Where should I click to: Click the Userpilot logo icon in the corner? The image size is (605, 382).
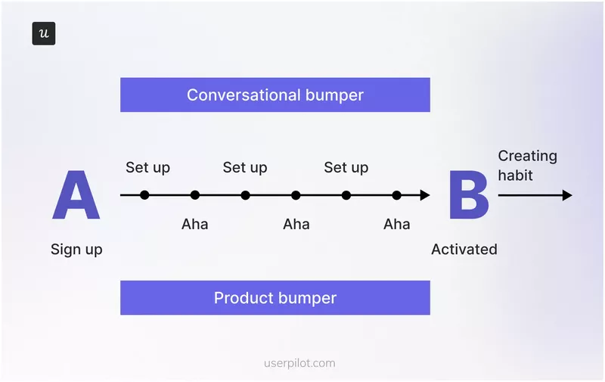pyautogui.click(x=44, y=34)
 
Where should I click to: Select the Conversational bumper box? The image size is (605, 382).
pyautogui.click(x=275, y=95)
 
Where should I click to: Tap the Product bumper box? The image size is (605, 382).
pyautogui.click(x=275, y=298)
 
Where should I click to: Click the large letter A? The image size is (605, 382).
pyautogui.click(x=76, y=196)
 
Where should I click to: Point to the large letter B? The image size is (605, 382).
pyautogui.click(x=469, y=196)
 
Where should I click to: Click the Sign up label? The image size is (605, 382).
pyautogui.click(x=76, y=250)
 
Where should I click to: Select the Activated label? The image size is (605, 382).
pyautogui.click(x=464, y=250)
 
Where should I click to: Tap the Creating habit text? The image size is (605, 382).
pyautogui.click(x=527, y=166)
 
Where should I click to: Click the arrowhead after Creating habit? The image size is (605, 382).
pyautogui.click(x=567, y=195)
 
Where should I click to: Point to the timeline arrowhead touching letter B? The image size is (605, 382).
pyautogui.click(x=425, y=195)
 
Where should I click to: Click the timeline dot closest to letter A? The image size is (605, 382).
pyautogui.click(x=144, y=195)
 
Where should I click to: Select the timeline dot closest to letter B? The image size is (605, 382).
pyautogui.click(x=396, y=195)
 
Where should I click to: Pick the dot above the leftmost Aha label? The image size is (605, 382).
pyautogui.click(x=195, y=195)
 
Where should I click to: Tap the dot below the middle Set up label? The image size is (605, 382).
pyautogui.click(x=245, y=195)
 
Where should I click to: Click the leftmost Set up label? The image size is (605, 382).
pyautogui.click(x=148, y=167)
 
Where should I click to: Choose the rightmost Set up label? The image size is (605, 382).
pyautogui.click(x=346, y=167)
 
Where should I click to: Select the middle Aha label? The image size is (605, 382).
pyautogui.click(x=296, y=224)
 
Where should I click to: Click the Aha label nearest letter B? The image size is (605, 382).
pyautogui.click(x=396, y=224)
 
